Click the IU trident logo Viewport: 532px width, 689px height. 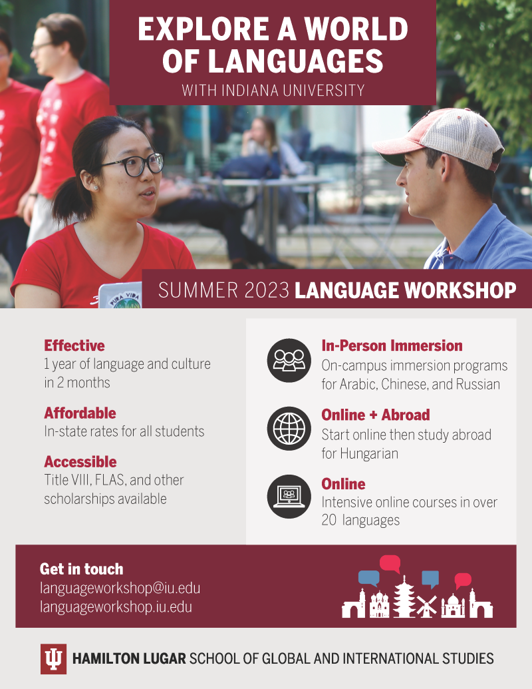(54, 658)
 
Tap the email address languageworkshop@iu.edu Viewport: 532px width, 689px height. (120, 588)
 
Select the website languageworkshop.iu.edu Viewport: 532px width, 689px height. (116, 607)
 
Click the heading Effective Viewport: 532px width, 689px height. (74, 345)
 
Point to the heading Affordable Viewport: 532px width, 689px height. (80, 413)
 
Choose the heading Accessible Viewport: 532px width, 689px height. (80, 462)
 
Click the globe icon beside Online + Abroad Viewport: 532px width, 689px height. (289, 428)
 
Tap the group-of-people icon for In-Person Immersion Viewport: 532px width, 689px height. (289, 360)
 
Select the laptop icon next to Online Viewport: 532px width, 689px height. (289, 497)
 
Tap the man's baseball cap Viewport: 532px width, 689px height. (440, 138)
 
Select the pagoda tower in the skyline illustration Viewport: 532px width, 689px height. (404, 596)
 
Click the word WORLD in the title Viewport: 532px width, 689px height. (356, 29)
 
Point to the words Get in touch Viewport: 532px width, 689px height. (81, 569)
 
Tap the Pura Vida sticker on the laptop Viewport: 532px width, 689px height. (125, 300)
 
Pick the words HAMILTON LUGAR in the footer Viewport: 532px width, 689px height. (129, 658)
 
